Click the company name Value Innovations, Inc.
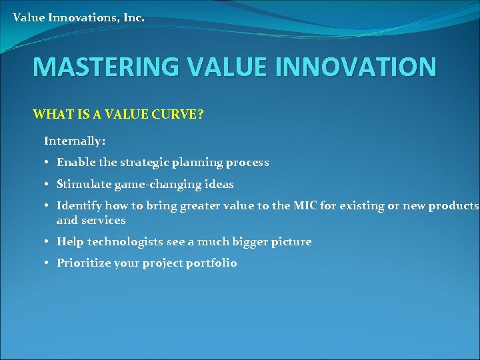[78, 18]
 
